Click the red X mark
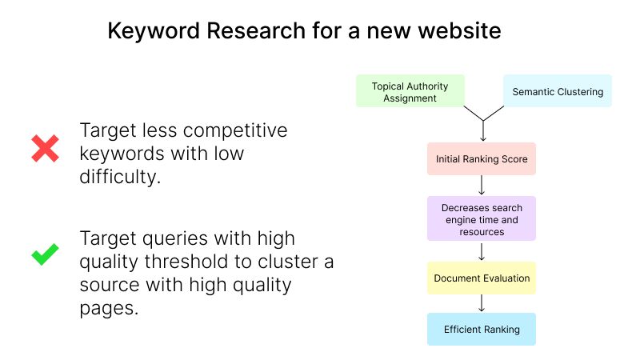coord(45,148)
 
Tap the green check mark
coord(45,254)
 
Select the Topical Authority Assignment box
coord(410,91)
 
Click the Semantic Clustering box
coord(558,91)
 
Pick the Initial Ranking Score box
coord(482,158)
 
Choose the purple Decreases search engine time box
coord(482,218)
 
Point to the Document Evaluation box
coord(482,278)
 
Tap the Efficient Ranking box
coord(482,330)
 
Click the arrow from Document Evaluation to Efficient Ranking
coord(482,303)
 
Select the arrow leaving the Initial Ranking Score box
coord(482,186)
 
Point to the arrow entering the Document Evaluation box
coord(482,251)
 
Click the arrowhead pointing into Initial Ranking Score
coord(483,139)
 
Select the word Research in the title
coord(256,30)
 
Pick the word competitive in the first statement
coord(235,131)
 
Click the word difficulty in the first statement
coord(120,177)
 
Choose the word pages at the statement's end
coord(109,309)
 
